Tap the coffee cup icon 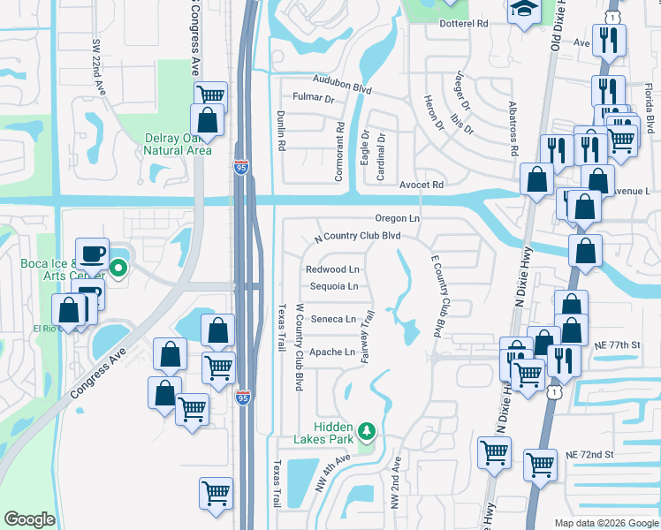(92, 254)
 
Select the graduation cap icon (524, 9)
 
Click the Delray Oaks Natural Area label (179, 143)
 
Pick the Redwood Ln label (333, 269)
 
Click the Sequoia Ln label (334, 286)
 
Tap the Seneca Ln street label (332, 319)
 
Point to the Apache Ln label (332, 352)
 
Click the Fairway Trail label (370, 327)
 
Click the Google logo (29, 519)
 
